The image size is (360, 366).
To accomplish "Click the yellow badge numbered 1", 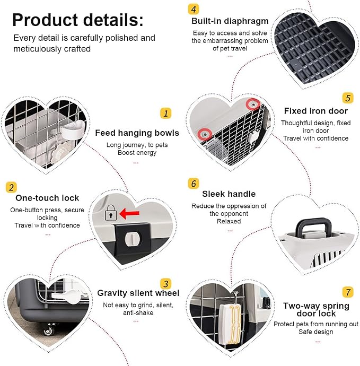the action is (x=165, y=113).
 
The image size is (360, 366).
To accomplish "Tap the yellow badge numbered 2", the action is (x=11, y=187).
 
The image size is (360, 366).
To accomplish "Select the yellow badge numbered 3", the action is (x=165, y=284).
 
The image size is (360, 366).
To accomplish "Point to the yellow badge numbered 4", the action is (x=194, y=9).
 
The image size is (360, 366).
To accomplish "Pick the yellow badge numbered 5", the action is (x=348, y=98).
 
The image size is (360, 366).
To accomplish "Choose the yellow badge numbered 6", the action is (x=194, y=184).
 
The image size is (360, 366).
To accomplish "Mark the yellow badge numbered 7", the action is (x=348, y=292).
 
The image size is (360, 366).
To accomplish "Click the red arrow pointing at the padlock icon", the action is (x=129, y=213).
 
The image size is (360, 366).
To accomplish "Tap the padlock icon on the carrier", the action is (x=111, y=213).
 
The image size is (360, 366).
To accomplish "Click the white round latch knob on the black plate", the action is (x=133, y=239).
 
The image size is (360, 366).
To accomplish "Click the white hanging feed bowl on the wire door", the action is (x=73, y=130).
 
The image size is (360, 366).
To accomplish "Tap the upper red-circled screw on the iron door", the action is (x=253, y=104).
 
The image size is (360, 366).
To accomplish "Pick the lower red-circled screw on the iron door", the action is (x=205, y=134).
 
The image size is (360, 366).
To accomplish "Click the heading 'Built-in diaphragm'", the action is (x=230, y=21).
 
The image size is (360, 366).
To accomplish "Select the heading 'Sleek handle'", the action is (x=229, y=194).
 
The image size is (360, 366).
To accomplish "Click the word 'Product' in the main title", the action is (x=45, y=20).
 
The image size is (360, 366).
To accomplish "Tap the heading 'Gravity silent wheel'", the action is (x=138, y=293).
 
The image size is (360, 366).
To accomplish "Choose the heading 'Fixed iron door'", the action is (x=316, y=111).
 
